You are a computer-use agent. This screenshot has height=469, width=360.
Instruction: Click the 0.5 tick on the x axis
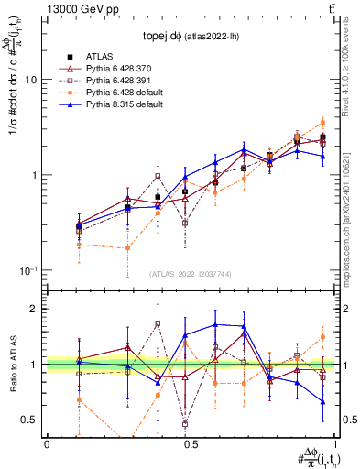pyautogui.click(x=191, y=443)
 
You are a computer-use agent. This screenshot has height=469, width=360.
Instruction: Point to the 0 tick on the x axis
pyautogui.click(x=47, y=443)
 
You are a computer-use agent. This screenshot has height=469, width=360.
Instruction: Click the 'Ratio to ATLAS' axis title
pyautogui.click(x=13, y=364)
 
